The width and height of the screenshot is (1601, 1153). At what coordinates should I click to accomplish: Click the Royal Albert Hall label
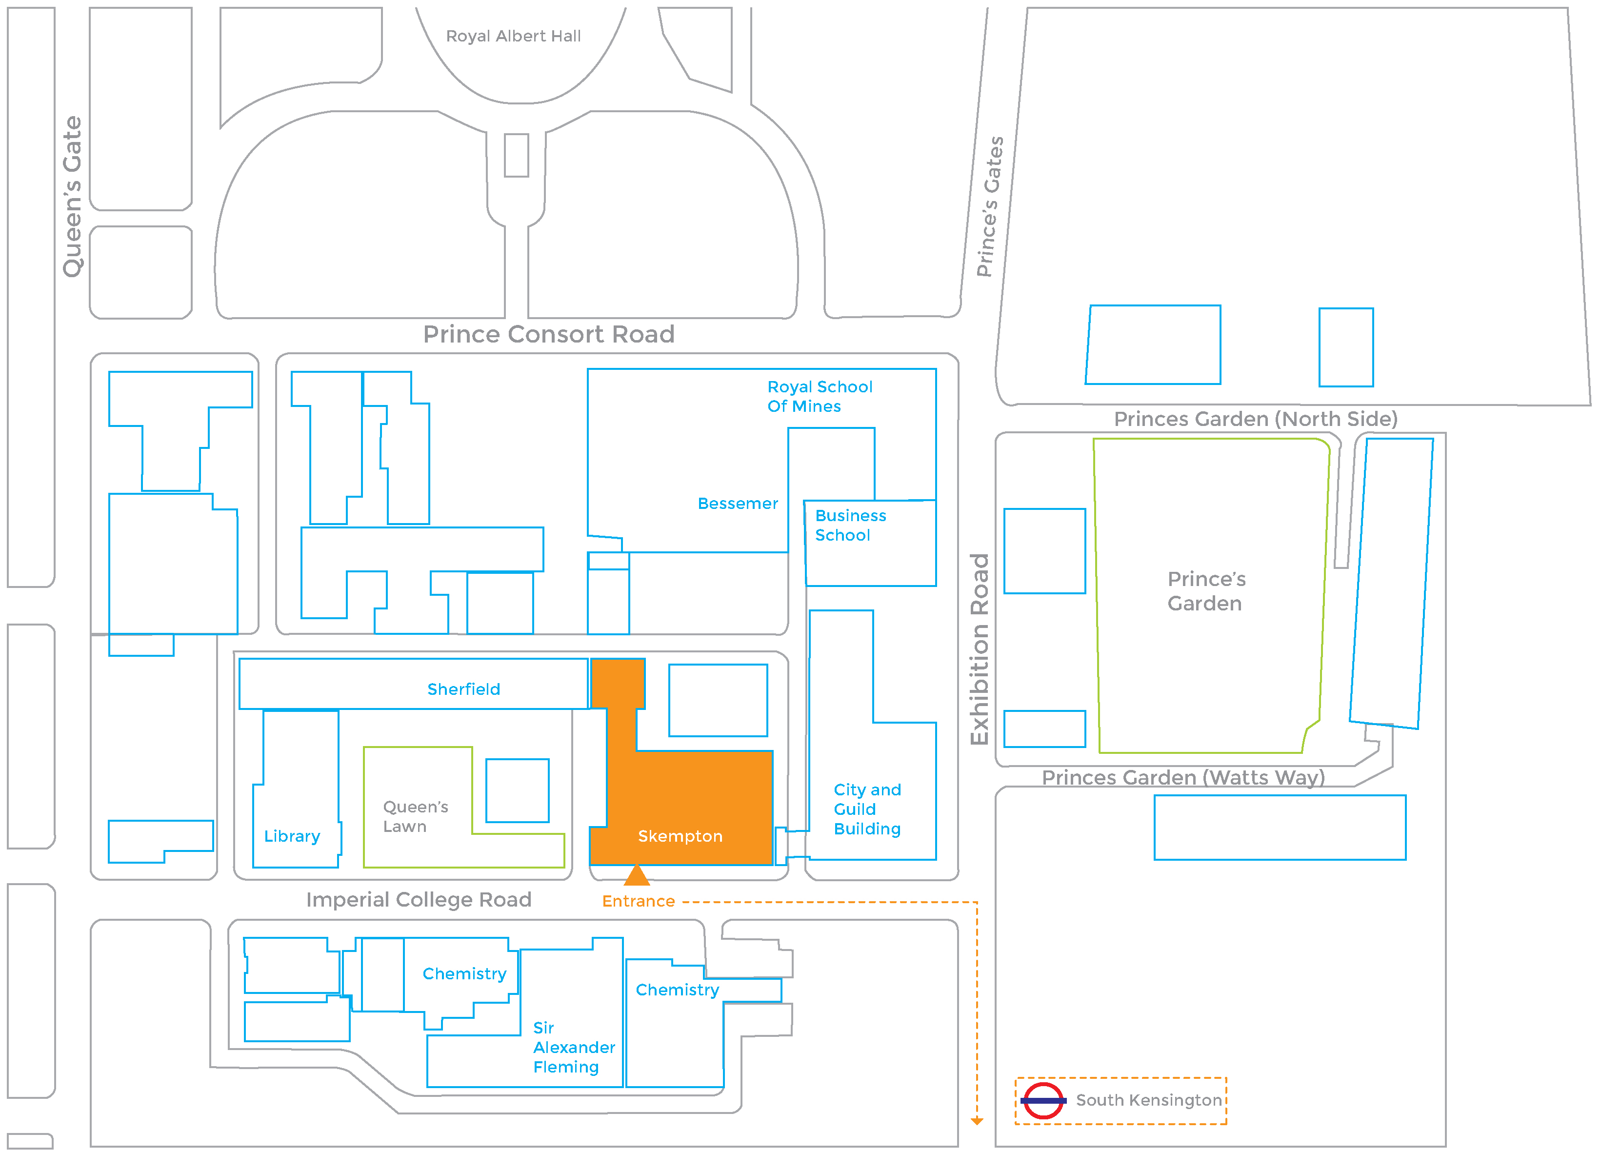(x=513, y=36)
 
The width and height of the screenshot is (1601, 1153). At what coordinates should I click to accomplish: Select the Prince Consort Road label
(x=548, y=334)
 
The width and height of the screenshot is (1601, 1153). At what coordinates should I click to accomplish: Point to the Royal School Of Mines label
(x=820, y=396)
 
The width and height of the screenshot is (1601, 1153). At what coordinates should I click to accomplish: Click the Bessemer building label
(x=738, y=504)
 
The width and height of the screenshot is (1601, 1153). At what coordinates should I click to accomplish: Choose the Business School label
(x=851, y=526)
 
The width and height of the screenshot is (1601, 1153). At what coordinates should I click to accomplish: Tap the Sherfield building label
(x=464, y=689)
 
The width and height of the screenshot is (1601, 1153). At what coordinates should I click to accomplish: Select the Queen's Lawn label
(x=416, y=816)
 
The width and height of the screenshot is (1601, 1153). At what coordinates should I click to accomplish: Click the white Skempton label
(x=680, y=836)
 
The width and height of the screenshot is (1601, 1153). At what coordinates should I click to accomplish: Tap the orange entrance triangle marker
(x=637, y=875)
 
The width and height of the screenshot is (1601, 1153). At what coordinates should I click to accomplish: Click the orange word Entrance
(x=638, y=901)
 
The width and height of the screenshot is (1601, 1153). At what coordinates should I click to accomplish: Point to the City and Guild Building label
(x=867, y=809)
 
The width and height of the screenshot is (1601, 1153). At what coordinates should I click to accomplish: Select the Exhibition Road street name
(x=980, y=649)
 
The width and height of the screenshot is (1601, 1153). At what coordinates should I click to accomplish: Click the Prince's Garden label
(x=1206, y=591)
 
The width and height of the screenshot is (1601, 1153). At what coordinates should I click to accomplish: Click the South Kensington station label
(x=1148, y=1100)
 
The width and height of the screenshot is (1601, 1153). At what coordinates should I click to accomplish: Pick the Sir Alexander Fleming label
(x=574, y=1047)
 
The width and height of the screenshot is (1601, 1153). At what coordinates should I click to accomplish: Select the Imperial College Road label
(x=419, y=900)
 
